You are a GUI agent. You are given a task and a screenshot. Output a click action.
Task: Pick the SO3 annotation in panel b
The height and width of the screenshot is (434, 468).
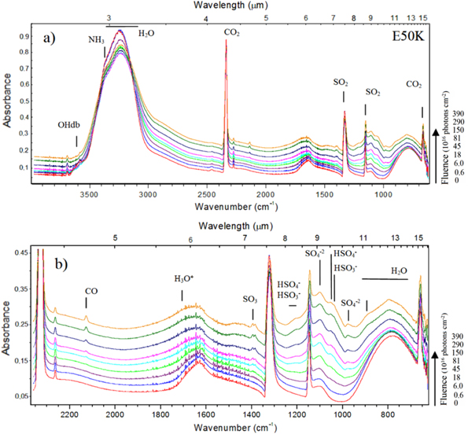coord(252,299)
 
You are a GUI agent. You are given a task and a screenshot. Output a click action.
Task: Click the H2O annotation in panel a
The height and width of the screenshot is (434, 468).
coord(146,34)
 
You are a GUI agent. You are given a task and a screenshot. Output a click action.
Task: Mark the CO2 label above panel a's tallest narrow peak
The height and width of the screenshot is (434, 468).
coord(232,34)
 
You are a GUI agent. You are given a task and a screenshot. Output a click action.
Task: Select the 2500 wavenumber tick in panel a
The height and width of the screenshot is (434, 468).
coord(207,193)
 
